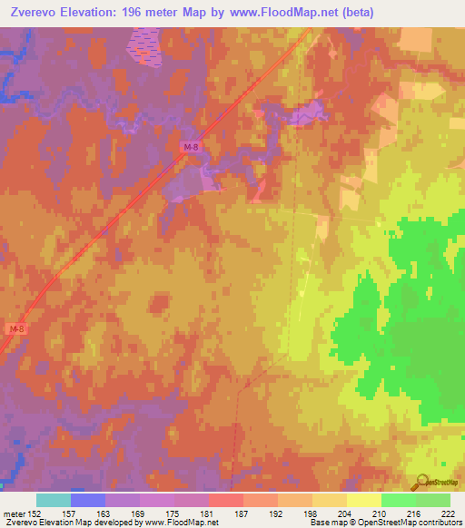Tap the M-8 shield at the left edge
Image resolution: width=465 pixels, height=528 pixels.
click(x=15, y=328)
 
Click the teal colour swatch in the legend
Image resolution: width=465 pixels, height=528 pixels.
click(x=54, y=500)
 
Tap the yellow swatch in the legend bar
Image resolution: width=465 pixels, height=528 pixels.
click(x=364, y=500)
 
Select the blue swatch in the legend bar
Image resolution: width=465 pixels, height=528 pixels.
click(x=88, y=500)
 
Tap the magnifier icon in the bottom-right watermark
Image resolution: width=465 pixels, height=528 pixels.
click(x=420, y=483)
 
